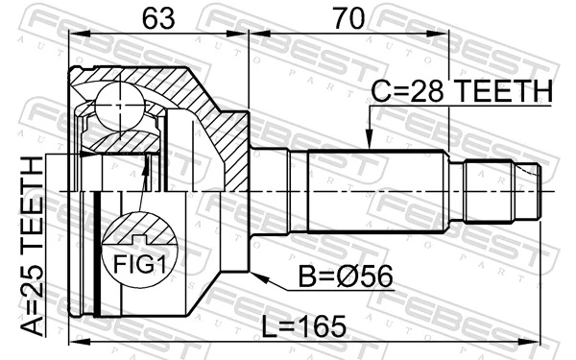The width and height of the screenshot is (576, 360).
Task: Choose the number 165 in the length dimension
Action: click(324, 326)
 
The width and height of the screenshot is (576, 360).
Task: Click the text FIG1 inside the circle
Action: click(141, 263)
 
